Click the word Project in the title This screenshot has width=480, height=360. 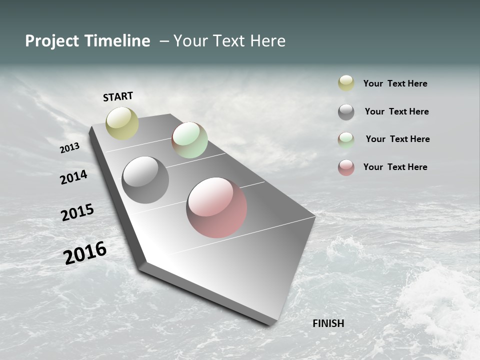click(51, 41)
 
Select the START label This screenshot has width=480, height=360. click(118, 96)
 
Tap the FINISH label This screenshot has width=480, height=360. click(328, 323)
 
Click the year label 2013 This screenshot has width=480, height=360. click(70, 148)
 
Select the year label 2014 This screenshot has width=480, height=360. click(74, 177)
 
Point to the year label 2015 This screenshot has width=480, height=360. click(77, 212)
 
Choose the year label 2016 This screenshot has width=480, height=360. click(85, 253)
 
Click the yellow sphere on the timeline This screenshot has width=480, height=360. click(122, 123)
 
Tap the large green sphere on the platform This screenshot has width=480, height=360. click(189, 140)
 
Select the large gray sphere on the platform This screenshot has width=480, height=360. click(145, 180)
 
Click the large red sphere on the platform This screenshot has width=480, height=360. click(216, 207)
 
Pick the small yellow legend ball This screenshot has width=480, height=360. click(346, 83)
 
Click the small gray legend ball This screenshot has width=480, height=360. click(346, 112)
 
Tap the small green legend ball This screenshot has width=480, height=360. click(346, 140)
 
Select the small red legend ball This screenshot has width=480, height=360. click(346, 167)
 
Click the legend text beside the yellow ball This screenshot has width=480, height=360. click(395, 83)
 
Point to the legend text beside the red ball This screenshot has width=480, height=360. click(395, 167)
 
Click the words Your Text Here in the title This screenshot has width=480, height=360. click(229, 41)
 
